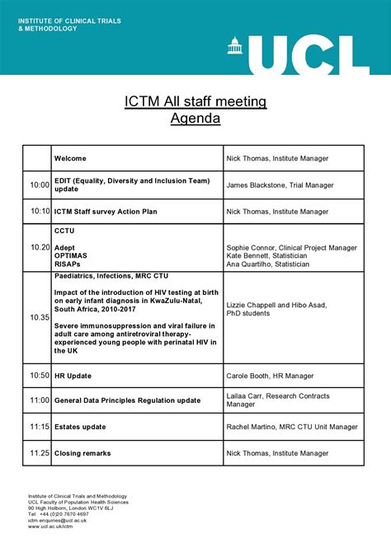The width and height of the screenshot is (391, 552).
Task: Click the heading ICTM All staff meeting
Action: tap(195, 101)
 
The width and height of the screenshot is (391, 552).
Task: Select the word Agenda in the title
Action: tap(195, 119)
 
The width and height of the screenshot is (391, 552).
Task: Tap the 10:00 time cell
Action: tap(40, 185)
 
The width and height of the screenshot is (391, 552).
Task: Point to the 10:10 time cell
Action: tap(40, 212)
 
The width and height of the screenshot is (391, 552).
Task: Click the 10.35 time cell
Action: tap(40, 316)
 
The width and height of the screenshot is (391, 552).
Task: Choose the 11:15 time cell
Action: tap(40, 427)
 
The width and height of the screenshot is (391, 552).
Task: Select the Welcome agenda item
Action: tap(70, 158)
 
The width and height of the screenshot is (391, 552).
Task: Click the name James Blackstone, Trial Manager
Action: tap(280, 185)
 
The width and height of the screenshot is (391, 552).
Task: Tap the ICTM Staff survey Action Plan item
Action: tap(106, 212)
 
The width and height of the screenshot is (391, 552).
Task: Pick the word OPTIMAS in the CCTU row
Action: tap(73, 255)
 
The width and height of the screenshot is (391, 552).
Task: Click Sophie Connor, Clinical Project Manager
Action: tap(291, 247)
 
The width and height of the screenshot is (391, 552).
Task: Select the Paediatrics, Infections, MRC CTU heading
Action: tap(107, 278)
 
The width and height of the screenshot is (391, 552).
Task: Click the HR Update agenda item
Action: tap(73, 376)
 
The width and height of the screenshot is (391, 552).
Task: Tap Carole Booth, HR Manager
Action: tap(270, 376)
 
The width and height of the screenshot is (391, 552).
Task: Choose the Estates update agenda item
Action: tap(80, 427)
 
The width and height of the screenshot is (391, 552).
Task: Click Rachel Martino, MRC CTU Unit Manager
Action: tap(292, 427)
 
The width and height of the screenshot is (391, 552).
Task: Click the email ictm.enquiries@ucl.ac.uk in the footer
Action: tap(58, 520)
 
